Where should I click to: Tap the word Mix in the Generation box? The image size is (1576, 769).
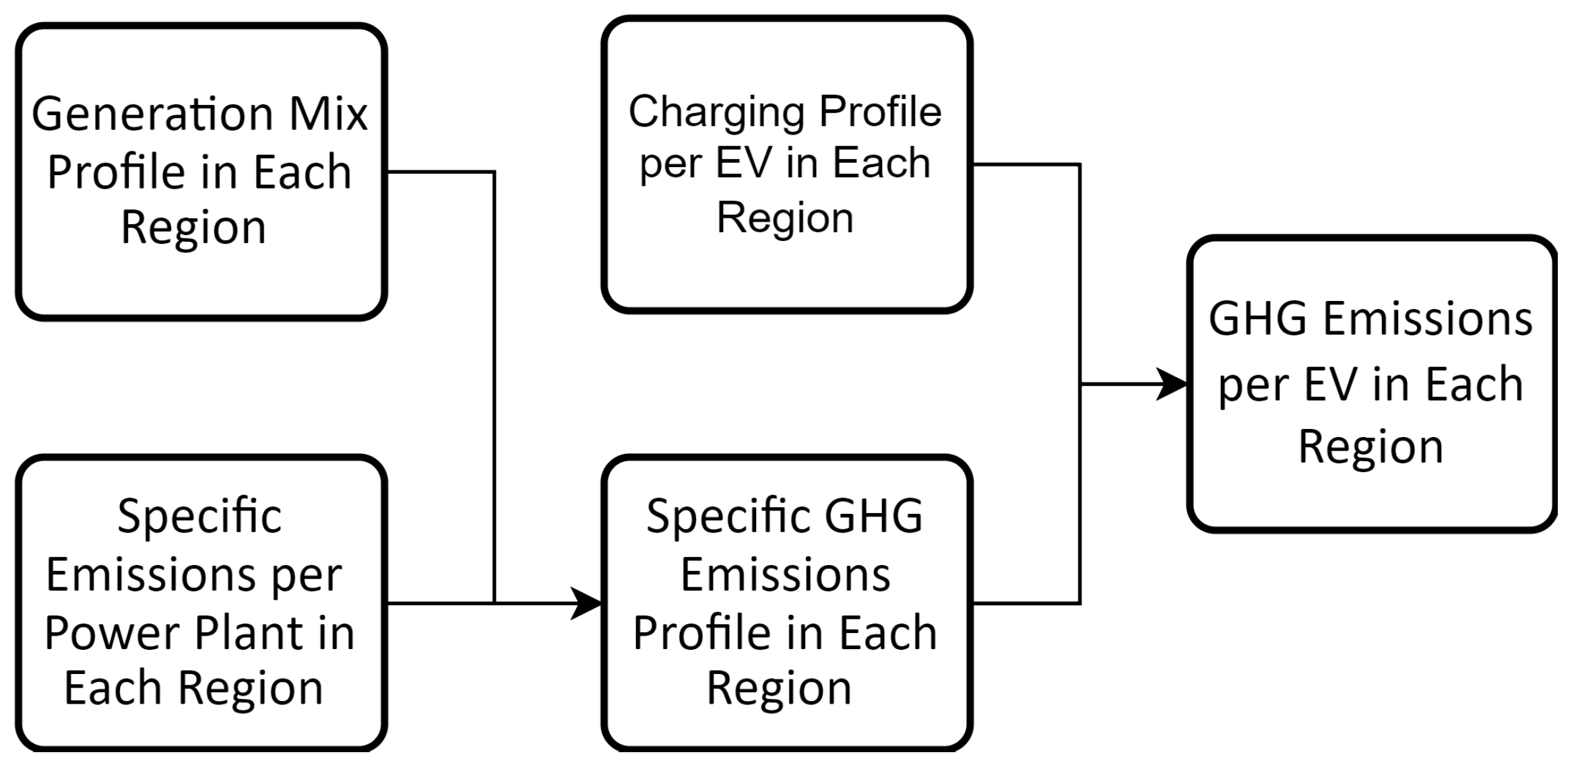point(329,114)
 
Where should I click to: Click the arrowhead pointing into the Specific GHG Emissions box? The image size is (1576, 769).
point(586,603)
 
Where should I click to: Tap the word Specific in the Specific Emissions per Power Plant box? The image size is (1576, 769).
point(199,516)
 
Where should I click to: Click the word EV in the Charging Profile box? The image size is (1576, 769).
point(743,164)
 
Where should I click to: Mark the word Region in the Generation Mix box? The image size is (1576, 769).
point(193,228)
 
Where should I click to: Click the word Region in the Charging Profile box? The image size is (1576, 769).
point(785,218)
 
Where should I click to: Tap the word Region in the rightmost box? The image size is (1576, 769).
point(1370,446)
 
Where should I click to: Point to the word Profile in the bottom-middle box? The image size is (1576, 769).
point(690,633)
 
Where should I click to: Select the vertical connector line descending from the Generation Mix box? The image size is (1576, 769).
point(494,377)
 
